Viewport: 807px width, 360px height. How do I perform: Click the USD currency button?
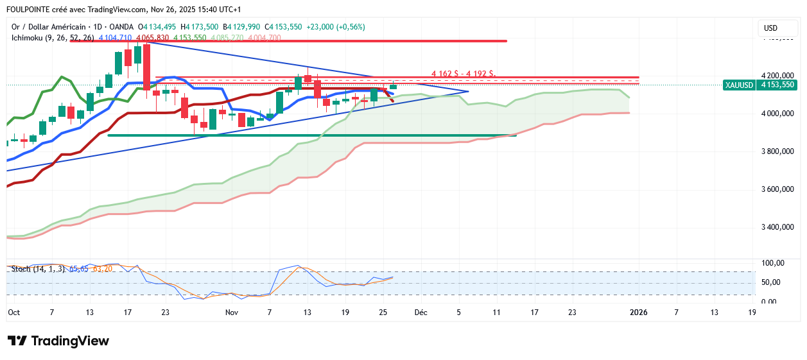pos(770,28)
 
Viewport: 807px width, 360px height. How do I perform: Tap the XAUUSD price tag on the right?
pos(759,85)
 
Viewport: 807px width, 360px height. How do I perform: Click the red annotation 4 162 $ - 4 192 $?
pos(464,73)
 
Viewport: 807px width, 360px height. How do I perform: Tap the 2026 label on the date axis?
pos(638,313)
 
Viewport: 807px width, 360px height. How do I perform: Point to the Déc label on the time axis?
pos(421,313)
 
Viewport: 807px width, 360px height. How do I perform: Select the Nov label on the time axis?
pos(232,313)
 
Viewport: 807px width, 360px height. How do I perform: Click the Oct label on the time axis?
pos(13,313)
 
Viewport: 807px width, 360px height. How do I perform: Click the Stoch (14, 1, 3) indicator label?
pos(37,268)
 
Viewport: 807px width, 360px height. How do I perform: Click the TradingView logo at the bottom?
pos(58,341)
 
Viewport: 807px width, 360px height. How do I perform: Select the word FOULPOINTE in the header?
pos(28,10)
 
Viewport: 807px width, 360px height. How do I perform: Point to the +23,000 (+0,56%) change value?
pos(336,27)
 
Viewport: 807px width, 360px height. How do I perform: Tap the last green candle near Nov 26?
pos(393,86)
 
